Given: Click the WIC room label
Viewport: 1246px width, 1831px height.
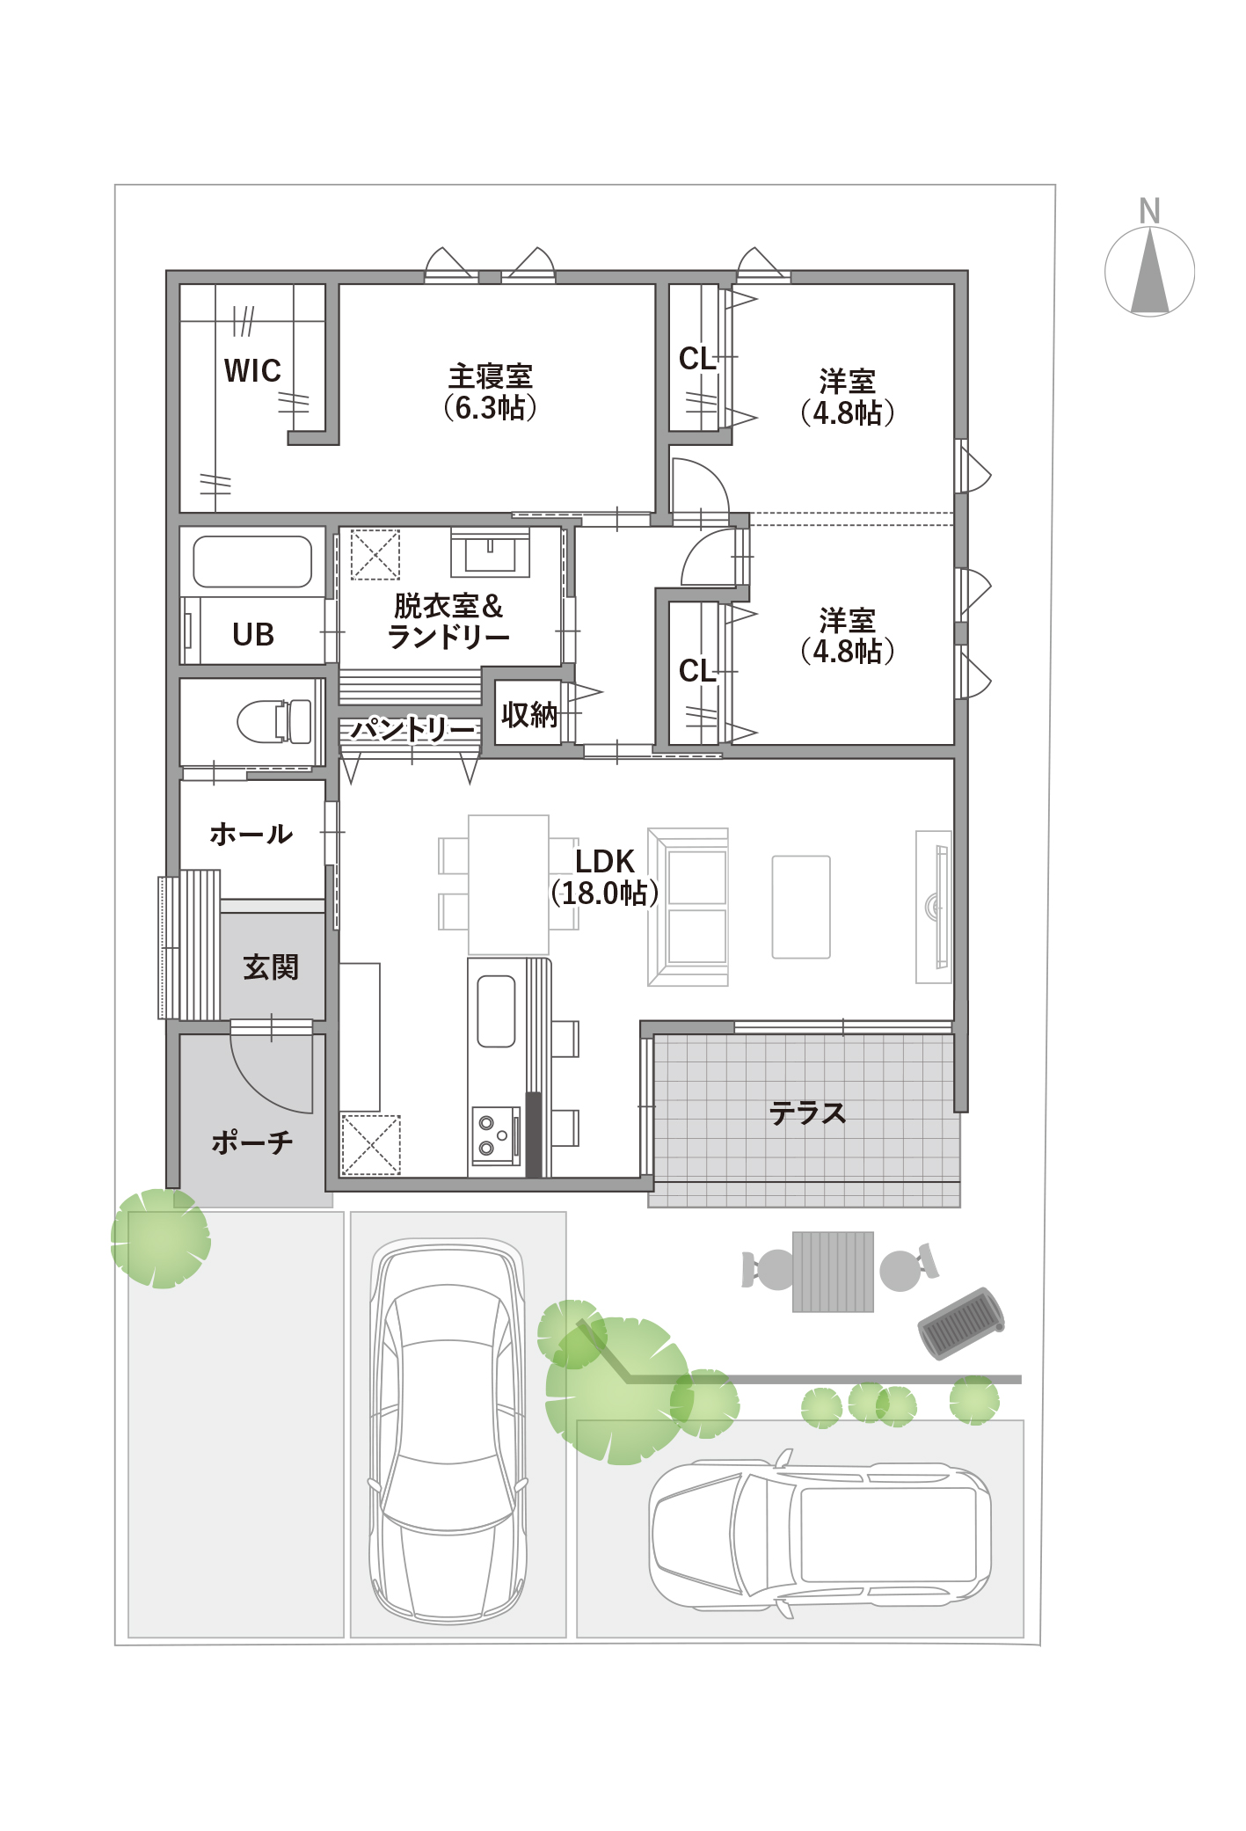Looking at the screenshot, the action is [252, 370].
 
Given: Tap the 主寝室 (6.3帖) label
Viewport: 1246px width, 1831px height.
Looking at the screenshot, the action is [491, 392].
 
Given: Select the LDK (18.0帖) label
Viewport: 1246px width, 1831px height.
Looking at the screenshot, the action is [605, 878].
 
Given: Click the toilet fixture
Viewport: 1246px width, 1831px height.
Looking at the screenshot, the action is [275, 721].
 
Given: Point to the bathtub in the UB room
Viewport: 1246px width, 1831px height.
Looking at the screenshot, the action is [252, 561].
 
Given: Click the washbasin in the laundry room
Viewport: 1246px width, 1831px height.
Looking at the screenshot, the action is [490, 552].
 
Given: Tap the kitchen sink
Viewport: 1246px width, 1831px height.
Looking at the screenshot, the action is [496, 1011].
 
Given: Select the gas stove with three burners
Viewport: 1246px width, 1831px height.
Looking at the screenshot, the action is [496, 1135].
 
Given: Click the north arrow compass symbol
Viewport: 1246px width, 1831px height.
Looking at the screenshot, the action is [1149, 271].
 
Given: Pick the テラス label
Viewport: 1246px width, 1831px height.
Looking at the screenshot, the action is [807, 1113].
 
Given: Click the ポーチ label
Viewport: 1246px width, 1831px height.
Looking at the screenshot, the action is [252, 1142].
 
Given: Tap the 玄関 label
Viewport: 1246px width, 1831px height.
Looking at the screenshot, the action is [271, 967].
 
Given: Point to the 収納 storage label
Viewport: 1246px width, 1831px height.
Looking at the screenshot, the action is [529, 714].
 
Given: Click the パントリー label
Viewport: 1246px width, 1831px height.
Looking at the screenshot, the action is [412, 729].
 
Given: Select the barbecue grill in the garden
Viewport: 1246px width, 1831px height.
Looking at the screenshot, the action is [961, 1323].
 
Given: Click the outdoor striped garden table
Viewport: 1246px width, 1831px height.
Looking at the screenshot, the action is [833, 1272].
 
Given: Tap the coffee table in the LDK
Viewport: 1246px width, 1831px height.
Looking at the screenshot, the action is [801, 907].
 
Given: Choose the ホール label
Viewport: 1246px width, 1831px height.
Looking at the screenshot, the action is [251, 834].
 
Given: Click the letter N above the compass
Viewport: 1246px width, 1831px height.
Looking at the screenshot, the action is [1149, 211].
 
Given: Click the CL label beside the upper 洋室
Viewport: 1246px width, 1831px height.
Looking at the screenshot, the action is [697, 359].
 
